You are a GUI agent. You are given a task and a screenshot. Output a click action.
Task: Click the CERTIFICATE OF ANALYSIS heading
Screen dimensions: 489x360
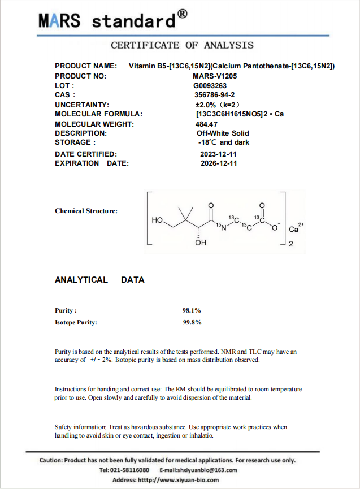(182, 45)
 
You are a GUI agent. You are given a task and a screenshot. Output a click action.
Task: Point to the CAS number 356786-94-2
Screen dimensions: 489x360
(214, 95)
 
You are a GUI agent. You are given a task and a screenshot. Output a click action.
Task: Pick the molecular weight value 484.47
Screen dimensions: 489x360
(206, 124)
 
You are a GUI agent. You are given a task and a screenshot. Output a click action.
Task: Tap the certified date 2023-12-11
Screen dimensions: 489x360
(218, 154)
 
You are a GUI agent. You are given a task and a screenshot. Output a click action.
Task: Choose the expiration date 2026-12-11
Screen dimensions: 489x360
(218, 163)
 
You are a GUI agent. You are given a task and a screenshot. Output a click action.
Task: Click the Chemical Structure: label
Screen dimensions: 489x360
(86, 211)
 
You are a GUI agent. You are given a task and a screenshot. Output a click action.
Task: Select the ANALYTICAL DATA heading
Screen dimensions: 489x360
(99, 280)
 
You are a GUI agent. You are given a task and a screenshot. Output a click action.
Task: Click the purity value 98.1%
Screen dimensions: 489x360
(192, 310)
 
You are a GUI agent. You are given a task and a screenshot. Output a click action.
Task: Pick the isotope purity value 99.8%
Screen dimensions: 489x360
(192, 322)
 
